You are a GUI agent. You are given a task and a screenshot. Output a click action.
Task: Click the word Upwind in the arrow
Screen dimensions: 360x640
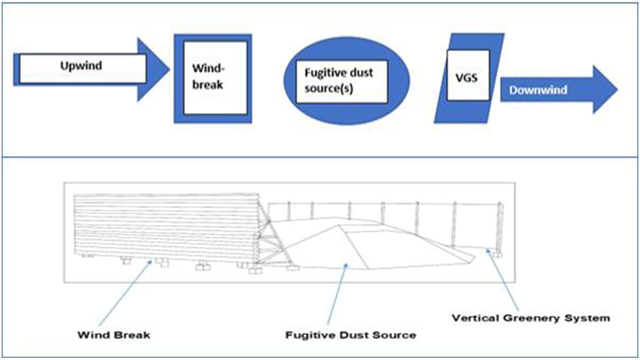point(81,67)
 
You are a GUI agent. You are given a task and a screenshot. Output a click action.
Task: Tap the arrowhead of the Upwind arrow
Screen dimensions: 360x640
point(155,69)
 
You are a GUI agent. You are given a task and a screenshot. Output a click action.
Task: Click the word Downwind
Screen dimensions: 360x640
point(538,90)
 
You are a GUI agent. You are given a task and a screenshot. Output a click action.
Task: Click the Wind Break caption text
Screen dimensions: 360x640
point(114,335)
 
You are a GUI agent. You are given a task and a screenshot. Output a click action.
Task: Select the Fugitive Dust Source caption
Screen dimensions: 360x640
point(350,335)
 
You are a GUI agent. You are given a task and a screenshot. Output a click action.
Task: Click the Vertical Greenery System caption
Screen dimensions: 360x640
point(530,318)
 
